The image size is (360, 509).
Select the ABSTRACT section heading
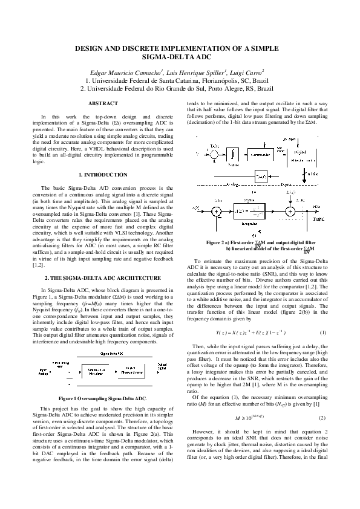pos(103,104)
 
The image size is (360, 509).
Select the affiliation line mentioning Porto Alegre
pos(180,88)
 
